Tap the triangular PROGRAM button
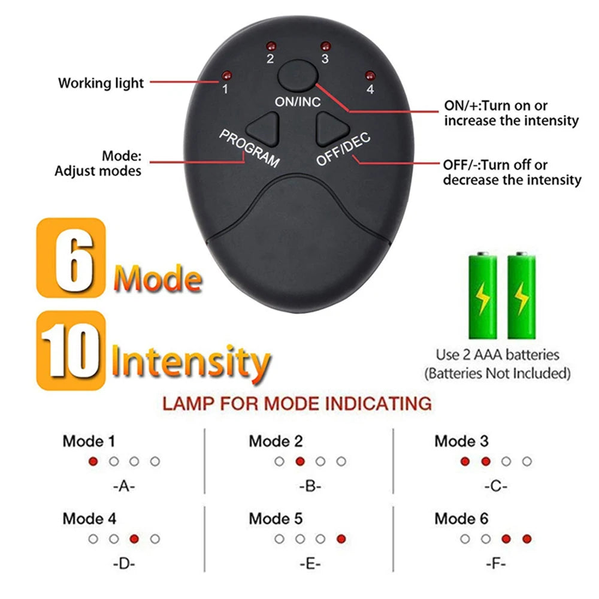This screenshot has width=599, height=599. coord(265,126)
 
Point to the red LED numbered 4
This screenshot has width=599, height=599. coord(370,75)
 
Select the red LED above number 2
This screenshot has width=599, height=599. coord(270,46)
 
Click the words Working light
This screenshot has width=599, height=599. coord(101,83)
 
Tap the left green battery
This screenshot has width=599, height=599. coord(483,296)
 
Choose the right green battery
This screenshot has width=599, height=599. coord(522,296)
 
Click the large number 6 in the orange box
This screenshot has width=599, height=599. coord(70,258)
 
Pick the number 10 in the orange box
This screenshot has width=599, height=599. coord(71,350)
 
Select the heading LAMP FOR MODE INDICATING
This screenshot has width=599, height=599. coord(297,403)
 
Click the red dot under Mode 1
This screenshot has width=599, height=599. coord(93,461)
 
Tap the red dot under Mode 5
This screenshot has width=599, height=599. coord(341,539)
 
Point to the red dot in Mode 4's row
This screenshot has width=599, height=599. coord(134,539)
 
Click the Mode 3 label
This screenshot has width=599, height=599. coord(461,441)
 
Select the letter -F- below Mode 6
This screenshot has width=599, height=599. coord(495,563)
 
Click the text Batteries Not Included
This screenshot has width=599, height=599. coord(497,374)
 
